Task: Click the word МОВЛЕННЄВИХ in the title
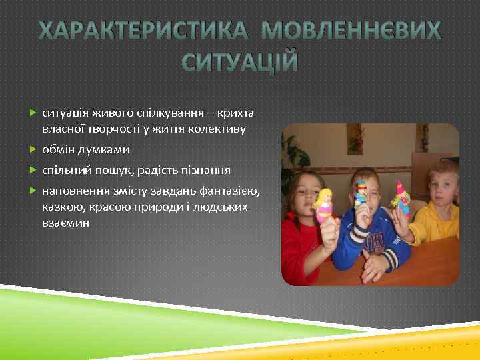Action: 351,31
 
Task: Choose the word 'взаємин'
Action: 65,223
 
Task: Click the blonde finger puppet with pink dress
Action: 325,205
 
